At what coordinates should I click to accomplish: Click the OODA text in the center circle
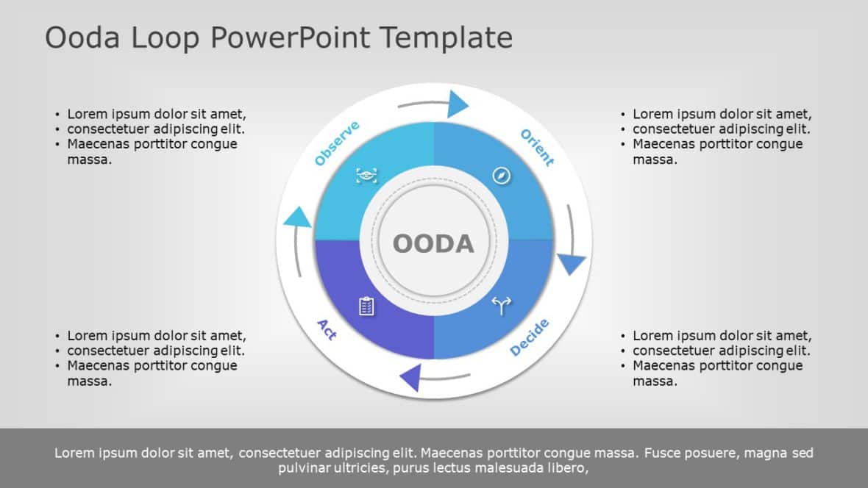[x=433, y=243]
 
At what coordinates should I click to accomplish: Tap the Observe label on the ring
[x=337, y=143]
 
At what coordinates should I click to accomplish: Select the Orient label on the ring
[x=537, y=147]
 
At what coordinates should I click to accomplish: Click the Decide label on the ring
[x=530, y=338]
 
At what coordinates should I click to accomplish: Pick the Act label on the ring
[x=327, y=329]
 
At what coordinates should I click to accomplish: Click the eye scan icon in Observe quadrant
[x=366, y=175]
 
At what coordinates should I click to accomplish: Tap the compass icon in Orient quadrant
[x=502, y=176]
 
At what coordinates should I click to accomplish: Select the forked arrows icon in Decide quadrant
[x=501, y=305]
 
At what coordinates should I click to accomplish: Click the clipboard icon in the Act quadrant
[x=366, y=306]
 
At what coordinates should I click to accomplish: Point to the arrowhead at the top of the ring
[x=457, y=104]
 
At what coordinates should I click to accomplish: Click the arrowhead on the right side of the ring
[x=571, y=263]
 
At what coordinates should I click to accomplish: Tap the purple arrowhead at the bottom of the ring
[x=410, y=378]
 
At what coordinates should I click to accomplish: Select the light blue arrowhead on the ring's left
[x=297, y=218]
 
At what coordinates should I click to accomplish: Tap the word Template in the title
[x=446, y=37]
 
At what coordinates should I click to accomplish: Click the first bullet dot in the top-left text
[x=57, y=115]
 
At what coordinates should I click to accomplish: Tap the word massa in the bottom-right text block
[x=655, y=381]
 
